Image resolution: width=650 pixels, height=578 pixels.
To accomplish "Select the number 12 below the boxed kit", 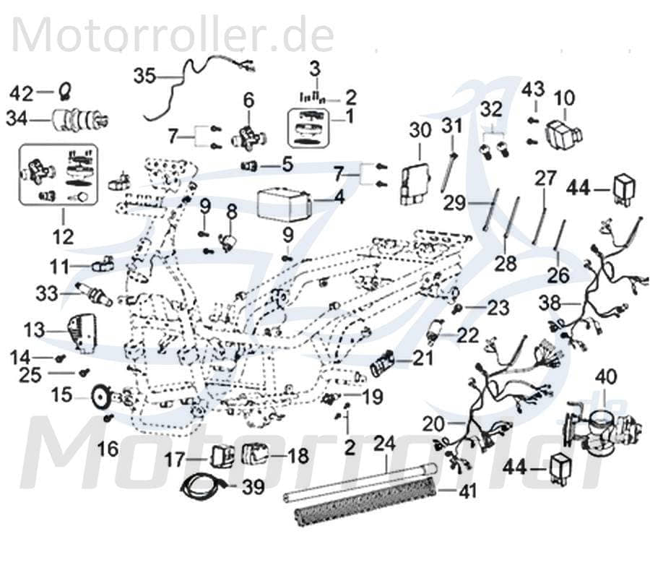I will click(61, 236).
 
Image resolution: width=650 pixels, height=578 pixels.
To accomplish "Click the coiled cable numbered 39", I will click(196, 487).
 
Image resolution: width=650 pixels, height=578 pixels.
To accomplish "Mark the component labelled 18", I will click(256, 455).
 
